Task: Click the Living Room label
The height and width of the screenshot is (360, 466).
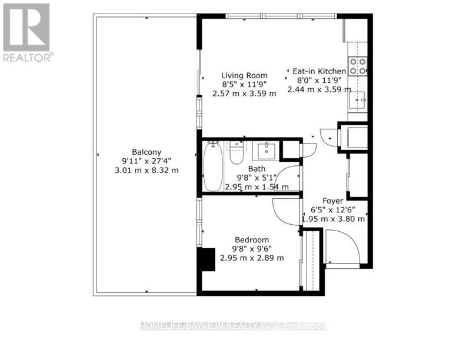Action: (244, 75)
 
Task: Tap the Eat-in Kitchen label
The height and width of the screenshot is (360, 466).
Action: (319, 71)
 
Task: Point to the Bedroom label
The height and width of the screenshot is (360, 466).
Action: (252, 239)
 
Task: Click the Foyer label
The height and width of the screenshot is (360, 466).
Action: (332, 201)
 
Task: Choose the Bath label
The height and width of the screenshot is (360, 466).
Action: (257, 168)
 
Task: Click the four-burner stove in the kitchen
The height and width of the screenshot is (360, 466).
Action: (357, 65)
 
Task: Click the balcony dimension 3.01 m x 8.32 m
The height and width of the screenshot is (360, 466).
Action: (147, 170)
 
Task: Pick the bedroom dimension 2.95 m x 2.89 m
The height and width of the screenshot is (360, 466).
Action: (252, 258)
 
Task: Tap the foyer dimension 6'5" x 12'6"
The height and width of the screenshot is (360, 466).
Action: (333, 209)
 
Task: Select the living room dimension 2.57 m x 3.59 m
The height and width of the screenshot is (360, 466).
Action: (244, 94)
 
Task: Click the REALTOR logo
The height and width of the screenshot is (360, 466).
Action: (27, 32)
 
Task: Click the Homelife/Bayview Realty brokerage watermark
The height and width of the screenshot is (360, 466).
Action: (233, 326)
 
